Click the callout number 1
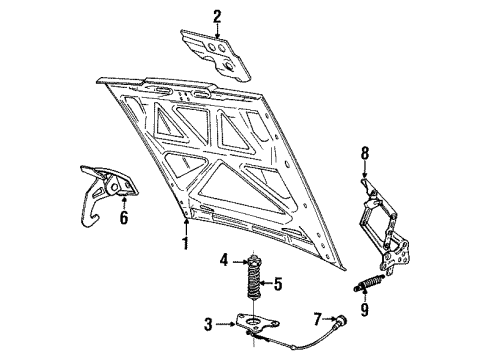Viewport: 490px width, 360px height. (185, 242)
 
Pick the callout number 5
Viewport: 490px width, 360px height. (278, 285)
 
